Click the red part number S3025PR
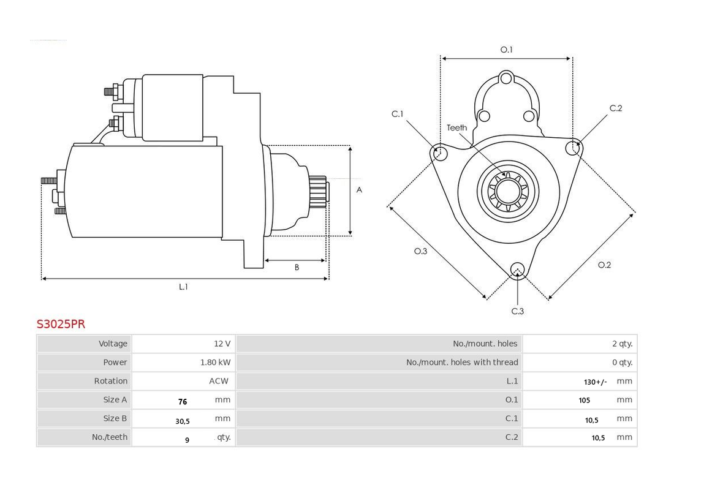tap(61, 324)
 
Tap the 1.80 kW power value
tap(215, 362)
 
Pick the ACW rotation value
tap(219, 381)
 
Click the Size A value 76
tap(182, 402)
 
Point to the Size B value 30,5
tap(182, 421)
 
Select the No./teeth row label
tap(110, 437)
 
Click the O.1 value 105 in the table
tap(584, 401)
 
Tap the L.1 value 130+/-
tap(595, 382)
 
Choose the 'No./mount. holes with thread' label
tap(462, 362)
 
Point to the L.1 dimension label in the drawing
tap(183, 287)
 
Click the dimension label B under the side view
tap(297, 267)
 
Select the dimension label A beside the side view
tap(359, 190)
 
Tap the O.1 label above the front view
tap(506, 50)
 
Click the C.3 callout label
tap(518, 311)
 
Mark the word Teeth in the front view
tap(456, 128)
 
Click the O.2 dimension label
tap(604, 265)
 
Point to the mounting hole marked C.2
tap(574, 147)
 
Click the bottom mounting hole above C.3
tap(518, 270)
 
